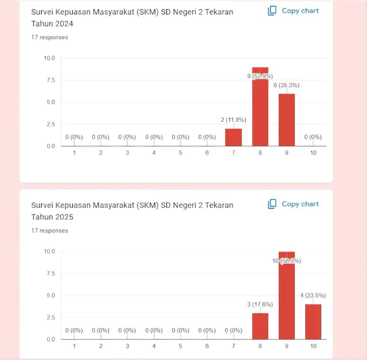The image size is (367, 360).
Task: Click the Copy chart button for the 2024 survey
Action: [x=293, y=11]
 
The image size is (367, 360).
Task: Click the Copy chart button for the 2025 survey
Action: [x=293, y=204]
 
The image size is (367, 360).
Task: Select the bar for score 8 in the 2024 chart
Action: [x=260, y=107]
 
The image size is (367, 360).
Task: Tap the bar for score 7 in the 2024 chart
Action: [x=234, y=137]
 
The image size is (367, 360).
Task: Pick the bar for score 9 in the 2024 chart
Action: [x=287, y=120]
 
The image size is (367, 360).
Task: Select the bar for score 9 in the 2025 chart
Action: [x=287, y=295]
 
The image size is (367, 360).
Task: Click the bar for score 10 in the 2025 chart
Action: [x=313, y=322]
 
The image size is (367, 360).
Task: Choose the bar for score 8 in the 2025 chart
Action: [x=260, y=326]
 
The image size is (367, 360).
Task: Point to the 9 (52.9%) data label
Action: [x=260, y=76]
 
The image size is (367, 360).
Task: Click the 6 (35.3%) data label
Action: [x=286, y=85]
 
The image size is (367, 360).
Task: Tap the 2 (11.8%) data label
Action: [x=234, y=120]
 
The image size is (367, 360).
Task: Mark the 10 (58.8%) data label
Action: [x=287, y=261]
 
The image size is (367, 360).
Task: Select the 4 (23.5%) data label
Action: [x=313, y=296]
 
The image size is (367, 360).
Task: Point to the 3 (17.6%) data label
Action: [x=260, y=304]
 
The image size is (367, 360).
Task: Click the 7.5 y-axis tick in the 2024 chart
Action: [x=51, y=80]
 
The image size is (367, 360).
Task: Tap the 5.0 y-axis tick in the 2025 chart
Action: [x=51, y=295]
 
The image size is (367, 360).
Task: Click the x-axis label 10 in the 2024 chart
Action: [x=313, y=153]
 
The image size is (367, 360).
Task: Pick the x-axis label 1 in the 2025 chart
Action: [x=75, y=346]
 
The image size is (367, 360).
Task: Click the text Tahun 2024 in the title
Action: [x=52, y=24]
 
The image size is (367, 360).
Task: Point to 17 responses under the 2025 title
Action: [x=50, y=231]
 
